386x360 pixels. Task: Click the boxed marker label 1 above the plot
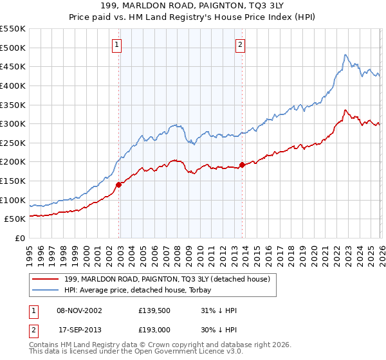(x=116, y=44)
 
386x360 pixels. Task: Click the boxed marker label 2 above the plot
(x=240, y=44)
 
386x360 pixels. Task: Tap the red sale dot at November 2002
(x=118, y=185)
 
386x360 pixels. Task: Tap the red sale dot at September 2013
(x=242, y=165)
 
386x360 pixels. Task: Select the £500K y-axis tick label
(x=13, y=48)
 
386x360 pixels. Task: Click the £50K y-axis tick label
(x=15, y=219)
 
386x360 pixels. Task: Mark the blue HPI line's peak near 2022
(x=345, y=55)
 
